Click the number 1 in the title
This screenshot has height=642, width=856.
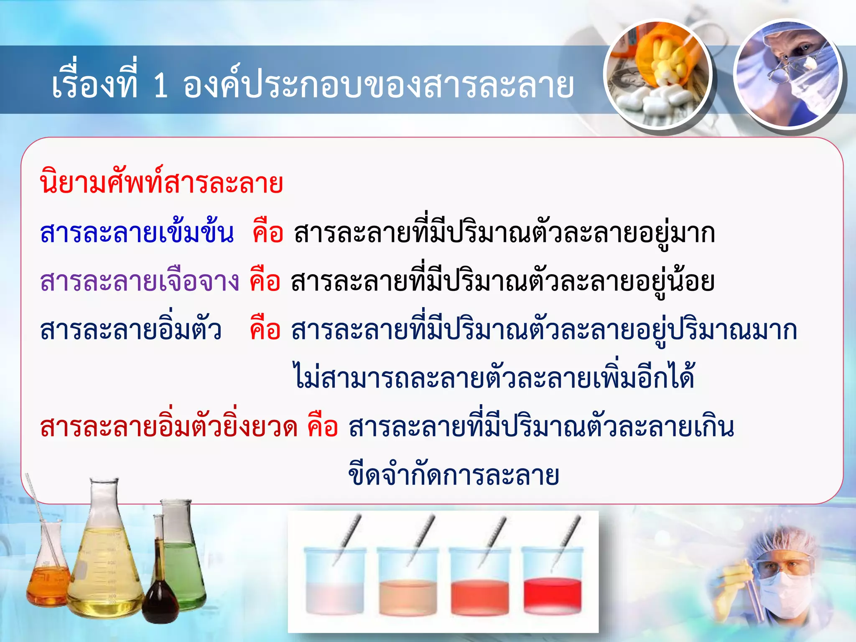[x=161, y=86]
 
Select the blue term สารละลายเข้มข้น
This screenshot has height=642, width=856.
[x=137, y=233]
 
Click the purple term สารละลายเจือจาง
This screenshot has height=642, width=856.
[x=140, y=281]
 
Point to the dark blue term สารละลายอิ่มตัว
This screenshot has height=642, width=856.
[x=131, y=330]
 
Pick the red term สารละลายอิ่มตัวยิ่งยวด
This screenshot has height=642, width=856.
[x=169, y=428]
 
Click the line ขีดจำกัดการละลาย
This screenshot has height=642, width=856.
[x=453, y=476]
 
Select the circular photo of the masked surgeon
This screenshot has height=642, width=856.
[x=788, y=74]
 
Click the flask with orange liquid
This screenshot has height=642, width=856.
[x=48, y=583]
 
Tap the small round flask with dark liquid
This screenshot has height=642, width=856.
[x=160, y=598]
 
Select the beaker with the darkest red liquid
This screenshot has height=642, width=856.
[x=552, y=594]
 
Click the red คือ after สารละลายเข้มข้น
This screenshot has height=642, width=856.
[x=268, y=233]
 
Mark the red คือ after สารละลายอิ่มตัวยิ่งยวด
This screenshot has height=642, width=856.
[x=322, y=428]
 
